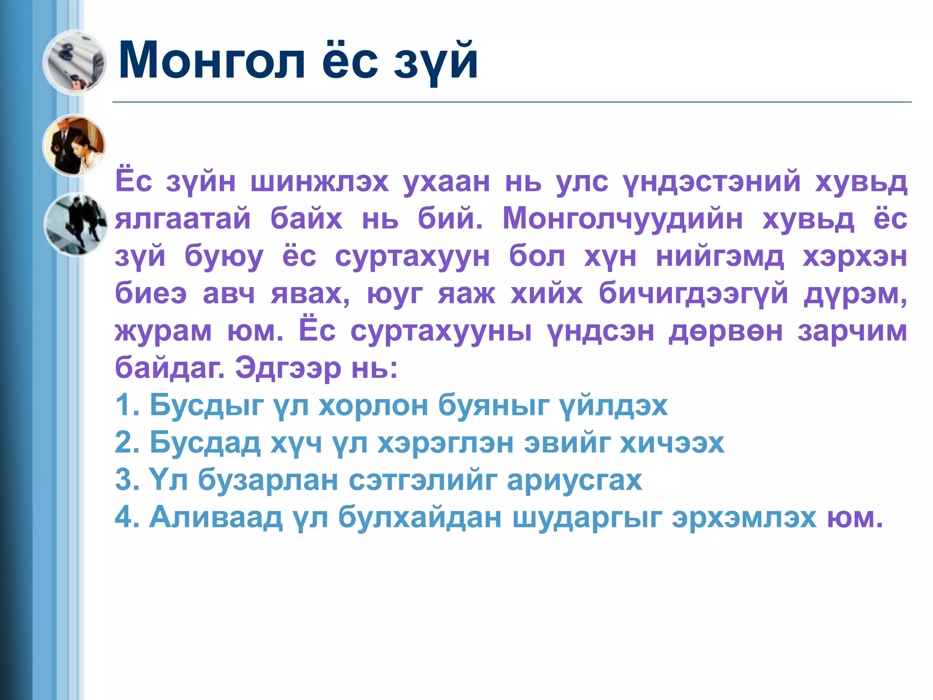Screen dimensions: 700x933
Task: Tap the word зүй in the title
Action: pyautogui.click(x=436, y=62)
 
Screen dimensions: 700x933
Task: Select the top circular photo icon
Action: pyautogui.click(x=74, y=62)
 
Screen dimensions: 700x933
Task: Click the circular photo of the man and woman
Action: pyautogui.click(x=74, y=145)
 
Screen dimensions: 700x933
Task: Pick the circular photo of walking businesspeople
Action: pyautogui.click(x=76, y=224)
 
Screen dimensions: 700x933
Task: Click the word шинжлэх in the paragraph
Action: pyautogui.click(x=319, y=182)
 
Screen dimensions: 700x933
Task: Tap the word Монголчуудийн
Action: pyautogui.click(x=622, y=219)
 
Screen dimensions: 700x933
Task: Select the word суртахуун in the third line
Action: pyautogui.click(x=412, y=257)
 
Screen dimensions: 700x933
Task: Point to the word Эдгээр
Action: pyautogui.click(x=288, y=368)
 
